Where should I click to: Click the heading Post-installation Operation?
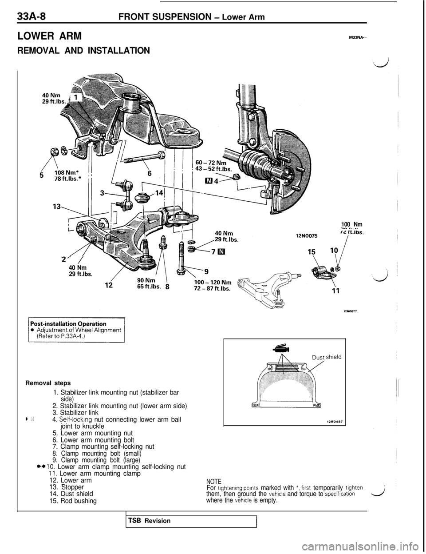69,324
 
